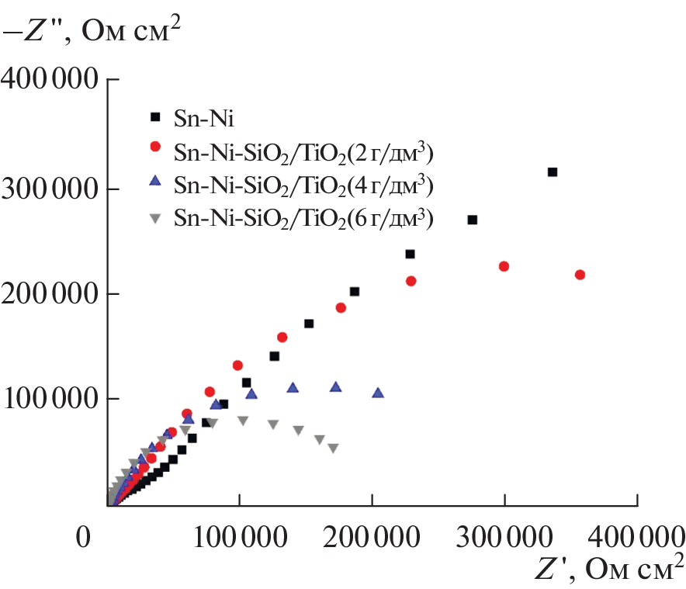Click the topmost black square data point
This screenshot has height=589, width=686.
(x=553, y=172)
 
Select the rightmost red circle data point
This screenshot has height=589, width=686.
(x=580, y=275)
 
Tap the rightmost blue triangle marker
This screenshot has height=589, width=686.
(x=378, y=393)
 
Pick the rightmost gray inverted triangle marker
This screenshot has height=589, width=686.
(x=333, y=448)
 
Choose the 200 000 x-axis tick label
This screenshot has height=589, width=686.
(x=372, y=537)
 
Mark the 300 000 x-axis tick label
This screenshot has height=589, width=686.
(x=504, y=537)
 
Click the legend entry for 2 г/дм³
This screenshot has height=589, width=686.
(x=303, y=154)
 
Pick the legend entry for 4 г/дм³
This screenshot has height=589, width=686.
(x=303, y=187)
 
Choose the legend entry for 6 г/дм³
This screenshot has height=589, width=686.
(x=303, y=219)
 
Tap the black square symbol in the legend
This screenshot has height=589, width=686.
(x=155, y=118)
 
